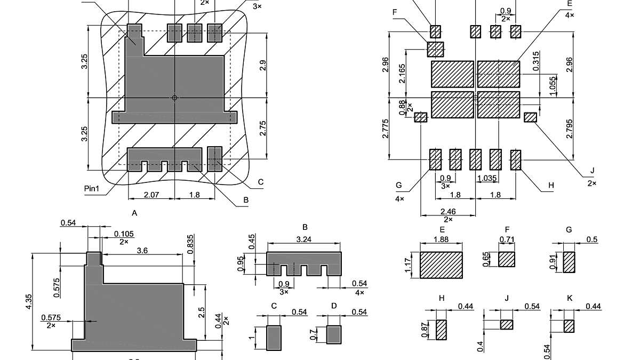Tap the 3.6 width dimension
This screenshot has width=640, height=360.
coord(142,250)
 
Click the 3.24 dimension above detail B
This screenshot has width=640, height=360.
coord(303,239)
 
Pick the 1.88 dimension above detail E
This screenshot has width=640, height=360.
coord(441,239)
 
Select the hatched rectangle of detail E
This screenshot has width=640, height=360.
coord(441,265)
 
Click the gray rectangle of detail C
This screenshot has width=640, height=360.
coord(274,338)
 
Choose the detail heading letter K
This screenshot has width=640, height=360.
coord(569,298)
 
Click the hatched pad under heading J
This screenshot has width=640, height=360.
coord(507,324)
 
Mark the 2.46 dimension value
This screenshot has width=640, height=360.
coord(448,212)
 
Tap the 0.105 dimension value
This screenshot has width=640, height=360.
coord(124,234)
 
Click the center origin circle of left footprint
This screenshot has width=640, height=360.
coord(174,98)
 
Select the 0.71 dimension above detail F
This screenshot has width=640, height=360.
coord(506,239)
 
